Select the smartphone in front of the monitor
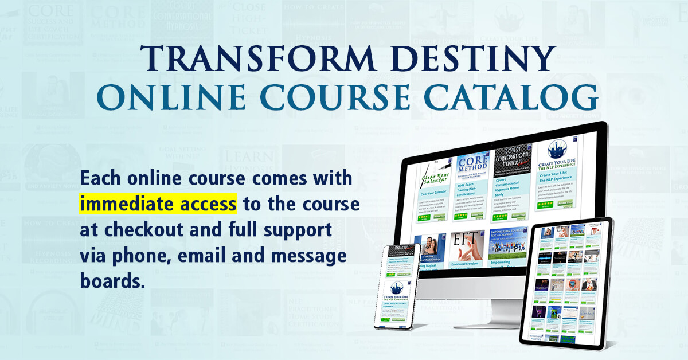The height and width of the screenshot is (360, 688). (x=397, y=294)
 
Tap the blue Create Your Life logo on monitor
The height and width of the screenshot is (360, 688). (x=554, y=152)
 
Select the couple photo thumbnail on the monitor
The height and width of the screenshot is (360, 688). (x=430, y=252)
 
